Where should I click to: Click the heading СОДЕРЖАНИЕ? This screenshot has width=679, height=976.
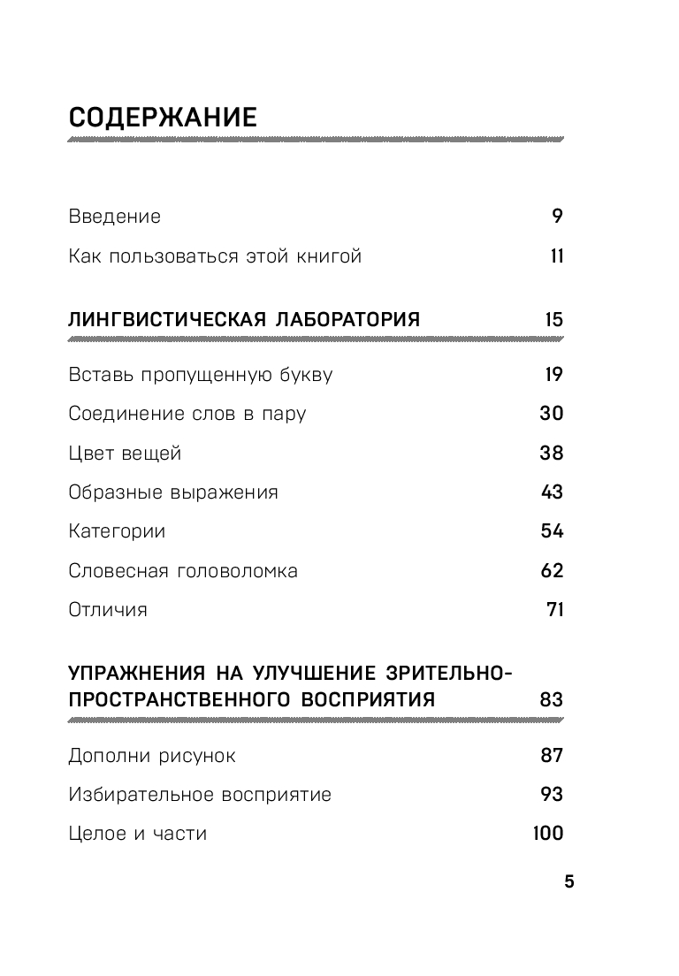(163, 118)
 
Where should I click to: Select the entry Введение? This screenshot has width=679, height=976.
(114, 217)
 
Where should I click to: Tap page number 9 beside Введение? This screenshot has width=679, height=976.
(557, 217)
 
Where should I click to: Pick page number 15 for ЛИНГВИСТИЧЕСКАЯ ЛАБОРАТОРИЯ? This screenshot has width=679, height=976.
(553, 319)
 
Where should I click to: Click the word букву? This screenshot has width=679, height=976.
(301, 375)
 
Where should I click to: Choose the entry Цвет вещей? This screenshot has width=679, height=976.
(125, 454)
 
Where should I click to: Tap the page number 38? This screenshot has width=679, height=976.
(551, 454)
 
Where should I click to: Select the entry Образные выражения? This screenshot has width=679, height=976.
(173, 492)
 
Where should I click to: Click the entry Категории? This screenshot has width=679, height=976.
(117, 531)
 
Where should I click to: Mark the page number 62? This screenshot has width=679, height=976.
(552, 570)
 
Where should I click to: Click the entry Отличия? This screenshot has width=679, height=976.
(108, 610)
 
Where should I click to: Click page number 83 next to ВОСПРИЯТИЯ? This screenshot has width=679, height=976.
(551, 700)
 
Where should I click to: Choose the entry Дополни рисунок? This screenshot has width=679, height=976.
(152, 756)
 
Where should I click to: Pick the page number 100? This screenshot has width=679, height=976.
(548, 834)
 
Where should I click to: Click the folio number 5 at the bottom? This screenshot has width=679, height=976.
(569, 881)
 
